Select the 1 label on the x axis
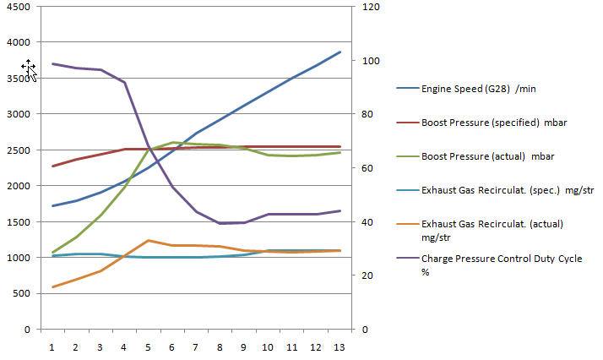[52, 346]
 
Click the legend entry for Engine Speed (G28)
[468, 88]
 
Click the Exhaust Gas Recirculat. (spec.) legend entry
[494, 191]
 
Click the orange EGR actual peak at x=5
[149, 241]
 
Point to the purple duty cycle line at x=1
[52, 63]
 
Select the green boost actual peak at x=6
[172, 142]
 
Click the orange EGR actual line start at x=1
[52, 287]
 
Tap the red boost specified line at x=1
[52, 166]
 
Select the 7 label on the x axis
[197, 346]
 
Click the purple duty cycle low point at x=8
[220, 223]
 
